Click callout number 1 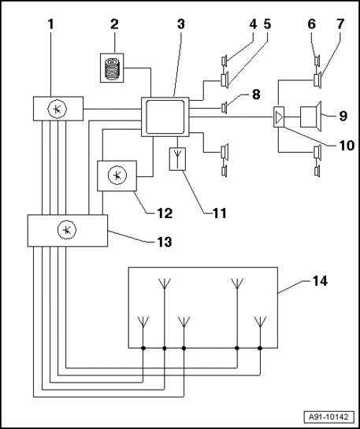(51, 24)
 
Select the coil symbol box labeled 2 (112, 68)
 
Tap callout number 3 (180, 24)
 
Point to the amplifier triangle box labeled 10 (279, 117)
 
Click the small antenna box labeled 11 (177, 159)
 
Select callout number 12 (165, 213)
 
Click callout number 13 (164, 242)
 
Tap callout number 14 (319, 281)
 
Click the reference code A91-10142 (328, 417)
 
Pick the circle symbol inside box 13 (67, 230)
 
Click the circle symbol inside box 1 (58, 109)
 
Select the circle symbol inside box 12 (117, 176)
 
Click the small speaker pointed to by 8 (225, 108)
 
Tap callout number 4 (253, 24)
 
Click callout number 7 (340, 24)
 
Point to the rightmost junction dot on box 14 (260, 348)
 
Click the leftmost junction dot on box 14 (143, 348)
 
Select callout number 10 (347, 146)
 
